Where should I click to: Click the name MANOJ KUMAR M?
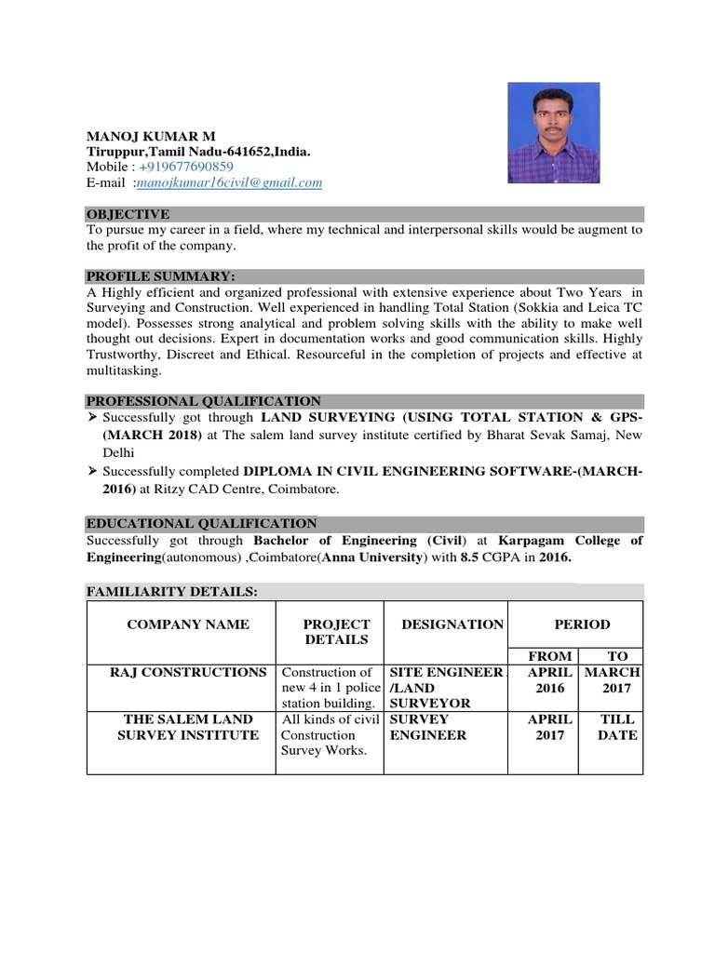[x=150, y=136]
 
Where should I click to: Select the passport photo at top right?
[x=553, y=134]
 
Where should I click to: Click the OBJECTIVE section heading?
[x=128, y=214]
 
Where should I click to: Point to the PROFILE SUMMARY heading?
[x=161, y=276]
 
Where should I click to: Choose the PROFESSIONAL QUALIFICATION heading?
[x=204, y=400]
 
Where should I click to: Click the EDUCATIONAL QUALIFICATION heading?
[x=202, y=524]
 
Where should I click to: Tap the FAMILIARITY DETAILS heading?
[x=172, y=592]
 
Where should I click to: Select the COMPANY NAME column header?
[x=188, y=624]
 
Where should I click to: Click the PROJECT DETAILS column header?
[x=336, y=632]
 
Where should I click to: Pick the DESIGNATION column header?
[x=452, y=624]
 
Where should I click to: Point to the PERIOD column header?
[x=584, y=624]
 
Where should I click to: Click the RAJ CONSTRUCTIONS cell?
[x=177, y=672]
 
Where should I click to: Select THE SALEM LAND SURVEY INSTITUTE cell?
[x=187, y=727]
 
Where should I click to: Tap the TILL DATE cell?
[x=617, y=727]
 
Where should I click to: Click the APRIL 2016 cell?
[x=545, y=680]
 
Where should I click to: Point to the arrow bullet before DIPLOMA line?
[x=92, y=472]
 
